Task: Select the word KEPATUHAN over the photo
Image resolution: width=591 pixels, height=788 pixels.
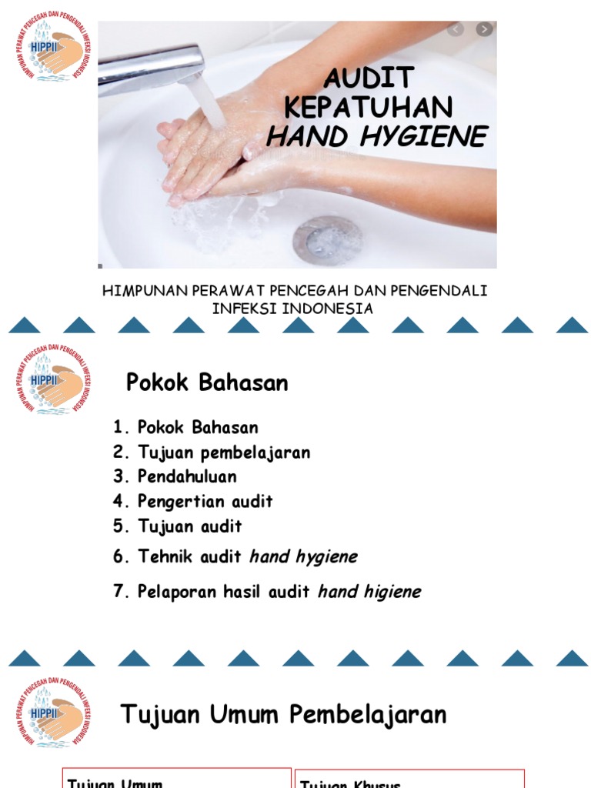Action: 369,107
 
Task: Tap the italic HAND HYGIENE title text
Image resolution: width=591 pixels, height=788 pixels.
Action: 376,136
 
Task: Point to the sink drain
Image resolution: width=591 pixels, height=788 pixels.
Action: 327,239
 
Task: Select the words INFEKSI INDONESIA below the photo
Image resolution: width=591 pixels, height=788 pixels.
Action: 292,309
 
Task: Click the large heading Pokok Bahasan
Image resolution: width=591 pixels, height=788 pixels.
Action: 207,382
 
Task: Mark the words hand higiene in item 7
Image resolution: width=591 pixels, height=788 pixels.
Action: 369,592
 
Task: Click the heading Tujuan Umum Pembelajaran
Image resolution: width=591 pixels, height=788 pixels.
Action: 283,714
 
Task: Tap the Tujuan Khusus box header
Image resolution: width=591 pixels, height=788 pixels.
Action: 350,783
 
